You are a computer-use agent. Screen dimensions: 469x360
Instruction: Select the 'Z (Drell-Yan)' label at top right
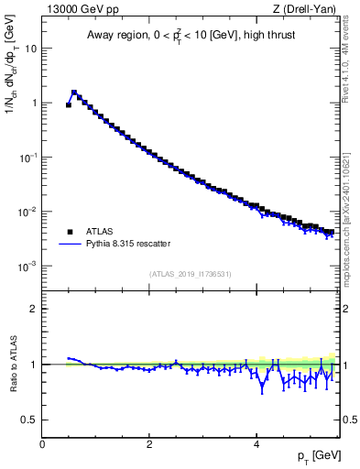click(304, 10)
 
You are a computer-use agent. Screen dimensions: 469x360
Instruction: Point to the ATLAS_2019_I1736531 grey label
click(190, 274)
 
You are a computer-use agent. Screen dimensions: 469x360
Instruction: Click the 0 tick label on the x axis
click(42, 444)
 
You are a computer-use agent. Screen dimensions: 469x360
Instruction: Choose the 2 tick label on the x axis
click(149, 444)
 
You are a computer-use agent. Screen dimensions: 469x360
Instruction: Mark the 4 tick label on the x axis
click(256, 444)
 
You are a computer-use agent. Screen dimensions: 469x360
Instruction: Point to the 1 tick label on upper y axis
click(34, 103)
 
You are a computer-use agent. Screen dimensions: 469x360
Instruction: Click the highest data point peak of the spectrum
click(74, 93)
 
